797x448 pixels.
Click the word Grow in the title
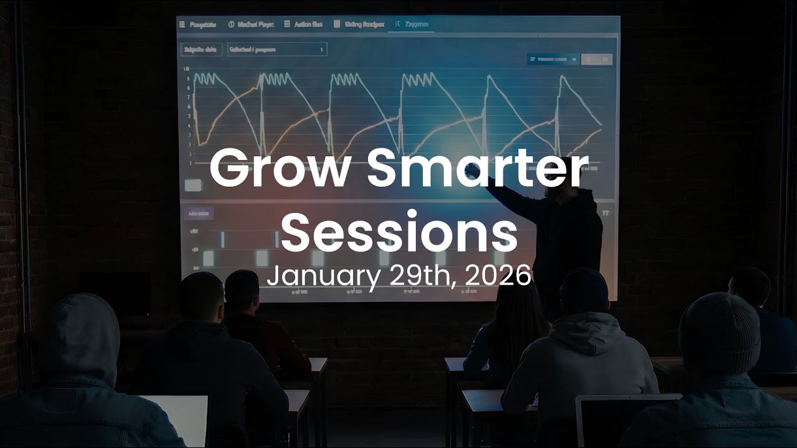(x=278, y=169)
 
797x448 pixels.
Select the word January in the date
(x=323, y=276)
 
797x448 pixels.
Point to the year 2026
(x=498, y=276)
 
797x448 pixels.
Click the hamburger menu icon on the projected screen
(x=182, y=24)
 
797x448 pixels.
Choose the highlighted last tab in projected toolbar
(x=410, y=24)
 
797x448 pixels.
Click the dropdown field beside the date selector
(x=276, y=49)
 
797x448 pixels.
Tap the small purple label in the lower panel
(x=199, y=213)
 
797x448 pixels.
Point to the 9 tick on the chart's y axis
(x=188, y=78)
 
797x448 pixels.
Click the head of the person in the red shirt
(x=242, y=291)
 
